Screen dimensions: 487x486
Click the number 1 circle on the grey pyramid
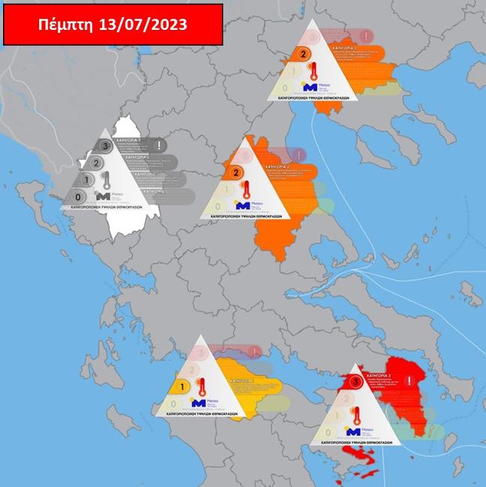tap(87, 180)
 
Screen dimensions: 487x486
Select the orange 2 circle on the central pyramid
tap(236, 172)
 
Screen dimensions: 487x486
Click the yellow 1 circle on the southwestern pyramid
tap(181, 387)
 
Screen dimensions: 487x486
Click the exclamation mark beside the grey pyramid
tap(162, 145)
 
